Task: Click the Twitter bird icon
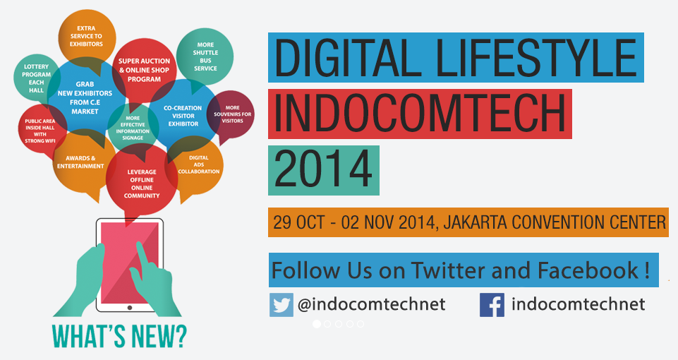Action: [x=282, y=305]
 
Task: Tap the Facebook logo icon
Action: [x=492, y=305]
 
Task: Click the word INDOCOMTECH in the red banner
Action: [x=420, y=114]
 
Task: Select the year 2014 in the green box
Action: [x=323, y=169]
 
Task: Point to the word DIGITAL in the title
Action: [x=349, y=58]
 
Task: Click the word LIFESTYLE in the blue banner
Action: [x=535, y=58]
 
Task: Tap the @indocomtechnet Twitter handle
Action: [x=372, y=304]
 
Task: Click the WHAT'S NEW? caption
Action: [x=120, y=336]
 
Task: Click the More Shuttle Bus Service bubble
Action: [x=205, y=56]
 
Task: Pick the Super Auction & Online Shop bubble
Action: [x=144, y=70]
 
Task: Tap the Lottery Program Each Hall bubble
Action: [x=36, y=78]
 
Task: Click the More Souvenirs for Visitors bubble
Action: [x=232, y=114]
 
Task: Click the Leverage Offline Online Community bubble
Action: [x=141, y=183]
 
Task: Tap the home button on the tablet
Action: [x=130, y=308]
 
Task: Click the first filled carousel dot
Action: [x=317, y=324]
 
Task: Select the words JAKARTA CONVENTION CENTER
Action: [x=555, y=222]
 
